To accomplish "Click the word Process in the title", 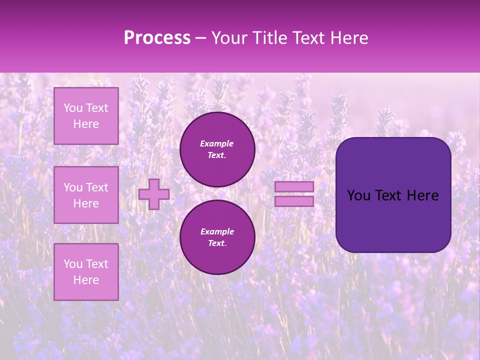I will click(x=157, y=38).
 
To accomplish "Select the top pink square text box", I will click(x=86, y=116).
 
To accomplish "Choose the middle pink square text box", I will click(x=86, y=195).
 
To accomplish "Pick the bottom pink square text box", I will click(x=86, y=271).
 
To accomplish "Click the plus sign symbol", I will click(x=154, y=194).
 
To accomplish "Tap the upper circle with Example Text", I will click(x=217, y=149).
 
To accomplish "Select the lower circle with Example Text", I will click(x=217, y=237).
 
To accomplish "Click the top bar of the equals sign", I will click(x=294, y=187).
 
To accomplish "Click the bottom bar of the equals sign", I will click(x=294, y=201).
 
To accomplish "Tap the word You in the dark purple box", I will click(x=358, y=195).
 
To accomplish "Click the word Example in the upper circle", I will click(x=217, y=143).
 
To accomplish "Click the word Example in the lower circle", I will click(x=217, y=231).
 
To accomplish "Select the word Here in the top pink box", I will click(x=86, y=124).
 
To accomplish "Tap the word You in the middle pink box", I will click(x=73, y=187).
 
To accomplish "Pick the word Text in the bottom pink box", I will click(x=97, y=264).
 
